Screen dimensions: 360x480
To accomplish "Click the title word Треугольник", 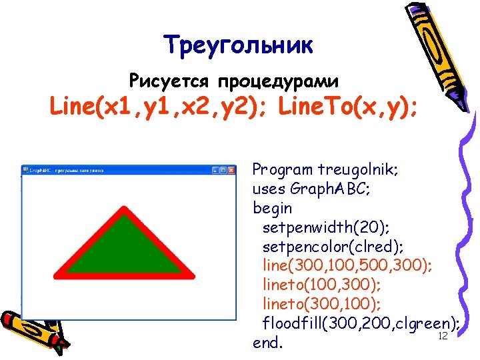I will (x=238, y=45).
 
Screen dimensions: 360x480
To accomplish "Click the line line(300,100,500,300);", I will (x=347, y=266).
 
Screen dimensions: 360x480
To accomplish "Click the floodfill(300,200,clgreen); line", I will (x=360, y=325).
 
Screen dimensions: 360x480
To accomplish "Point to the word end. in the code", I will (x=268, y=344).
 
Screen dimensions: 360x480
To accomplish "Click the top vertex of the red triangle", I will (x=124, y=213).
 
